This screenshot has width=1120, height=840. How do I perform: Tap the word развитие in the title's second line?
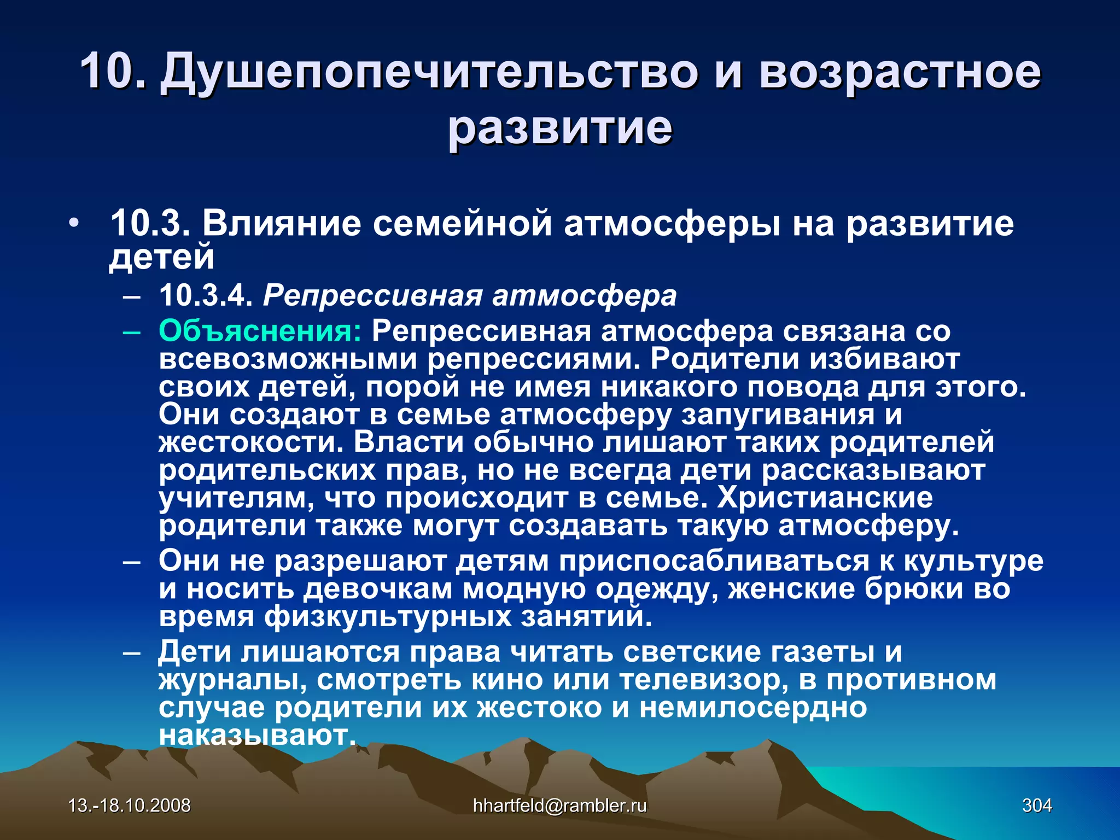point(560,128)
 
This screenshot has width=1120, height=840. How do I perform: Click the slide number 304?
point(1037,806)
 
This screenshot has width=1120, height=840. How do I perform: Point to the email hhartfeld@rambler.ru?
point(559,806)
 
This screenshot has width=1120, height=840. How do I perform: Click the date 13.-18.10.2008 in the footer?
point(130,806)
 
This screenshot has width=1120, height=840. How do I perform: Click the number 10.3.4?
point(206,296)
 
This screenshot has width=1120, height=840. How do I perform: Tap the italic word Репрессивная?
point(372,296)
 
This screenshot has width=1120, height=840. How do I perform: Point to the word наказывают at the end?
point(257,736)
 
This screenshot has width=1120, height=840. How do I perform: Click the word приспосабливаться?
point(714,562)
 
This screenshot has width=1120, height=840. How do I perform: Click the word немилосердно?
point(753,708)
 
